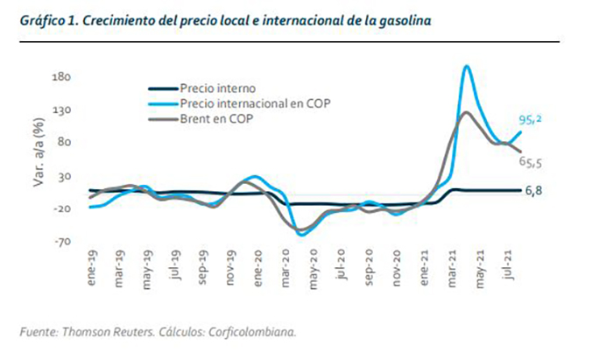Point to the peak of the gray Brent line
(466, 112)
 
